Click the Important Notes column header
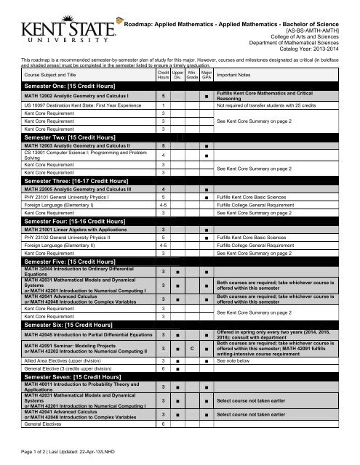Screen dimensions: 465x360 coord(236,76)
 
